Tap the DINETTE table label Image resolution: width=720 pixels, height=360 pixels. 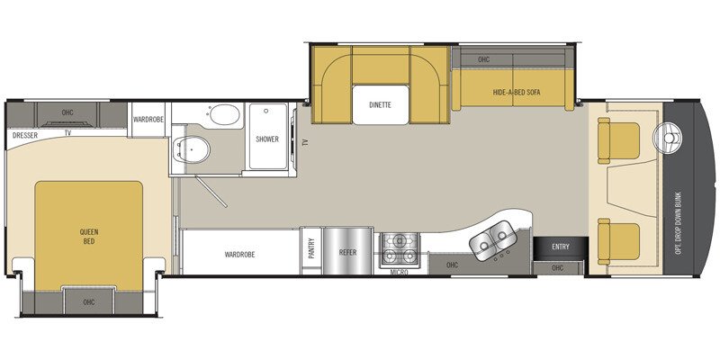[x=380, y=105]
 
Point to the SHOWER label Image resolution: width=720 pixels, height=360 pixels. [x=266, y=139]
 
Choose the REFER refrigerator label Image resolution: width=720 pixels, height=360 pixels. [x=348, y=254]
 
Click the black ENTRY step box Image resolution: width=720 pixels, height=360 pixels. [x=559, y=247]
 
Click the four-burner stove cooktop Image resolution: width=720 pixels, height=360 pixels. [x=400, y=245]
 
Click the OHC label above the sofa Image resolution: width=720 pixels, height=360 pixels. [x=483, y=60]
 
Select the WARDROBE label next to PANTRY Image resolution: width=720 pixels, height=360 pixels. [x=239, y=254]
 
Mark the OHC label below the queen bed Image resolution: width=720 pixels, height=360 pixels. [x=88, y=301]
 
